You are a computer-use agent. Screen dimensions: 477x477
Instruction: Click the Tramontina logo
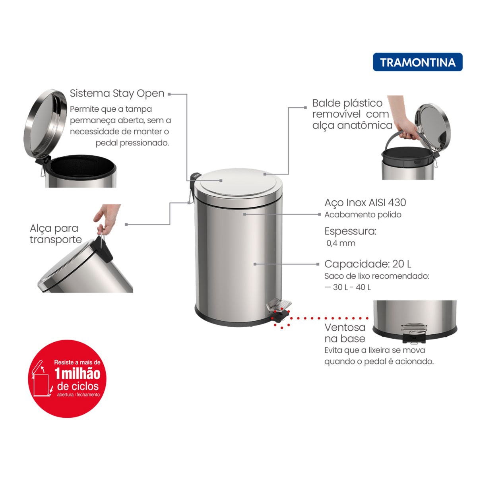click(417, 62)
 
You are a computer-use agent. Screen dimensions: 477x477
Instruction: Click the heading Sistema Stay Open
click(117, 93)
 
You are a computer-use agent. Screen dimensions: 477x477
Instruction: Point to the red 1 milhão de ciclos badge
click(67, 379)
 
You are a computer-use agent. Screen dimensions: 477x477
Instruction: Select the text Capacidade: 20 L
click(368, 264)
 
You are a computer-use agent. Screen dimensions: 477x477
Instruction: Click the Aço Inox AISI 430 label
click(365, 202)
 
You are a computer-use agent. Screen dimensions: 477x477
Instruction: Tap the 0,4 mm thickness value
click(341, 243)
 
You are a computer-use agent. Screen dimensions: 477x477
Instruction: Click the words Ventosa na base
click(345, 333)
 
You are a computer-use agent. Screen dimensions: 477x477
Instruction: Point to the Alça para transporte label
click(56, 234)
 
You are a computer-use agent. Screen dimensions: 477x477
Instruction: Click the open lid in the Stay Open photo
click(45, 124)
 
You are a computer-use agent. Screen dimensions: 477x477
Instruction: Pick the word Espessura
click(350, 231)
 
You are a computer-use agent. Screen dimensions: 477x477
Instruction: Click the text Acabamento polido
click(363, 215)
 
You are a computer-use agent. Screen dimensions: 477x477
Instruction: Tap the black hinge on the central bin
click(194, 180)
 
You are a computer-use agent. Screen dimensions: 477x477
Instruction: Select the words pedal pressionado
click(132, 143)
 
